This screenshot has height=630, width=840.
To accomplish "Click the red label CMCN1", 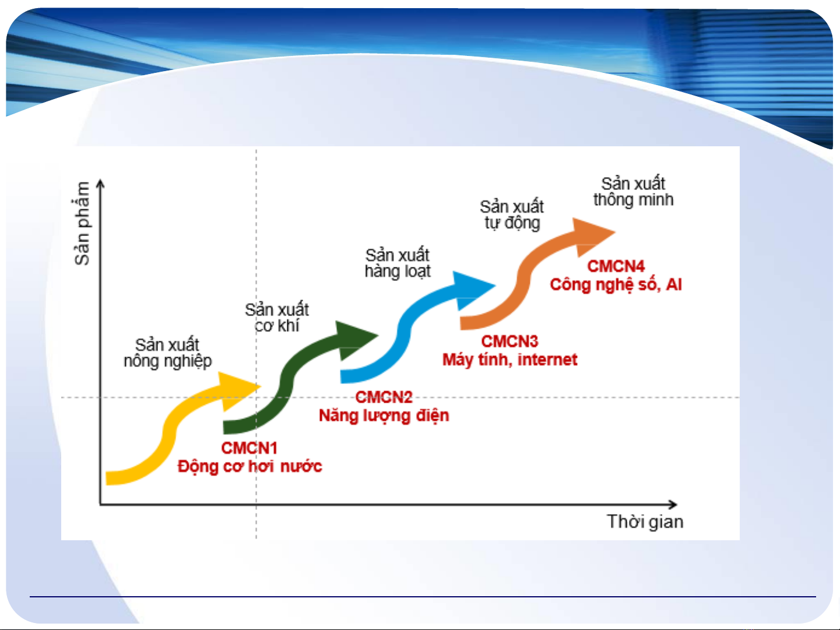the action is point(249,448).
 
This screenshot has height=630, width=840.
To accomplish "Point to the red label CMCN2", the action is point(384,397).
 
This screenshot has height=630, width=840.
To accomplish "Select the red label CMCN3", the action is point(509,342).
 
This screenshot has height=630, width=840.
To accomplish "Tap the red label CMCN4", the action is point(616,266).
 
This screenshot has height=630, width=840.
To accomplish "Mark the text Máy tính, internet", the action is point(509,360).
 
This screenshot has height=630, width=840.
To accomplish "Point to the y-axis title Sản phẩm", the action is point(82,223).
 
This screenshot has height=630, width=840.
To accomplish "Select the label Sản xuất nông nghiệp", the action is point(168,353).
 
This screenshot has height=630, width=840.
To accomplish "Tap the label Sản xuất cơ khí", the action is point(277,318).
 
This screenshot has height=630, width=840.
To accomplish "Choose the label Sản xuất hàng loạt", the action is point(398,263).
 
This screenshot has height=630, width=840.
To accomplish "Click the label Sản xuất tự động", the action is point(512,215).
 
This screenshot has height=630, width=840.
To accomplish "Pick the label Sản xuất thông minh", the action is point(633,192).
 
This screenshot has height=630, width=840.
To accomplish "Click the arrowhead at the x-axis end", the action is point(673,505).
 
